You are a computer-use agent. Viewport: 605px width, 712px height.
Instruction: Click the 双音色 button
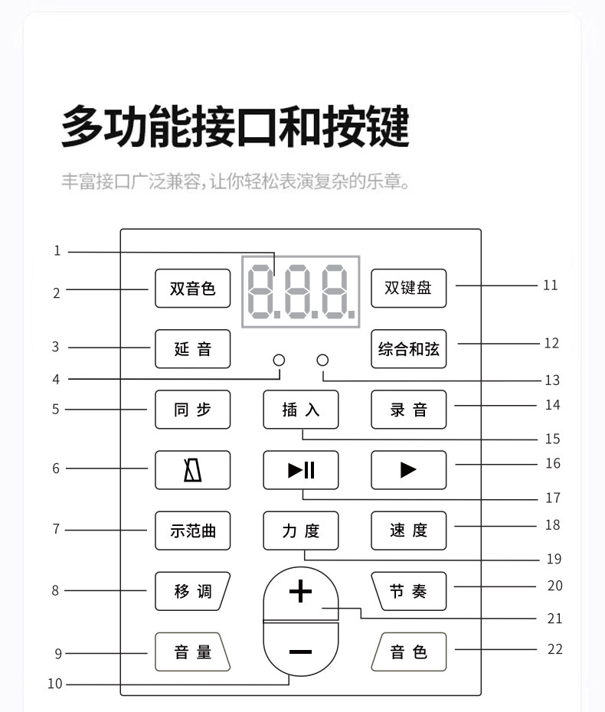point(192,289)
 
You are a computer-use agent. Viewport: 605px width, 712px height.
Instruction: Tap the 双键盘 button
point(408,289)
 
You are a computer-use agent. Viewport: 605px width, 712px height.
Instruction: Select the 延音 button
point(192,349)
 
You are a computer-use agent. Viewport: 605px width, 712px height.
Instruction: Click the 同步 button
point(192,410)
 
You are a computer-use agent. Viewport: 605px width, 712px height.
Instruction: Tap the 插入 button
point(301,410)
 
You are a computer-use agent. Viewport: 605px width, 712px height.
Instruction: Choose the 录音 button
point(408,410)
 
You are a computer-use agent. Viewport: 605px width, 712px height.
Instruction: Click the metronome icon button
point(192,470)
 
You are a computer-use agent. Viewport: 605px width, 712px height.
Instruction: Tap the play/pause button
point(301,470)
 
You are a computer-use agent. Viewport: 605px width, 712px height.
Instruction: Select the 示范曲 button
point(192,531)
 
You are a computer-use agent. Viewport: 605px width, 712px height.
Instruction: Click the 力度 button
point(301,531)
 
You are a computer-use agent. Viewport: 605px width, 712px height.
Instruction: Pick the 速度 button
point(408,531)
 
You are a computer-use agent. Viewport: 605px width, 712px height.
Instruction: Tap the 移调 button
point(192,591)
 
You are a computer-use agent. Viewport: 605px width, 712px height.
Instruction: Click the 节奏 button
point(408,591)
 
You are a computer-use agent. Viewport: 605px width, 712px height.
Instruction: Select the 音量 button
point(192,652)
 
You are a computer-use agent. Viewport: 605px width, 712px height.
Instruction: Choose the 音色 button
point(408,652)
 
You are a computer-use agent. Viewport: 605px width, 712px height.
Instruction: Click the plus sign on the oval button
point(301,592)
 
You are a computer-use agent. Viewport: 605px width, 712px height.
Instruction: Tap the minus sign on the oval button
point(301,652)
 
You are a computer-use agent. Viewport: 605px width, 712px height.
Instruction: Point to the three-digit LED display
point(301,292)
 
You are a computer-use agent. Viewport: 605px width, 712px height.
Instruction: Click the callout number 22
point(555,649)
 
